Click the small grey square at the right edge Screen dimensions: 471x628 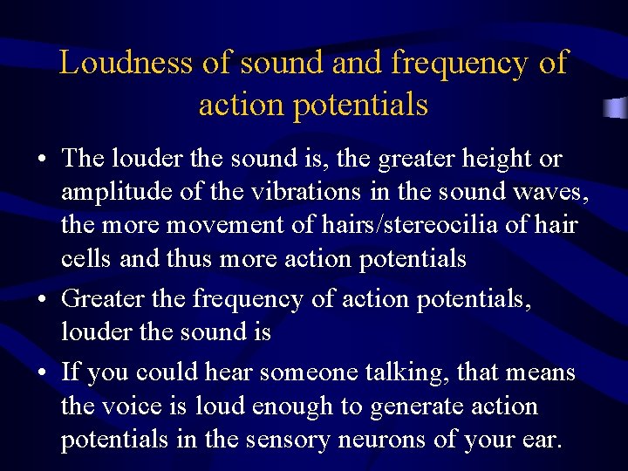point(617,108)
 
